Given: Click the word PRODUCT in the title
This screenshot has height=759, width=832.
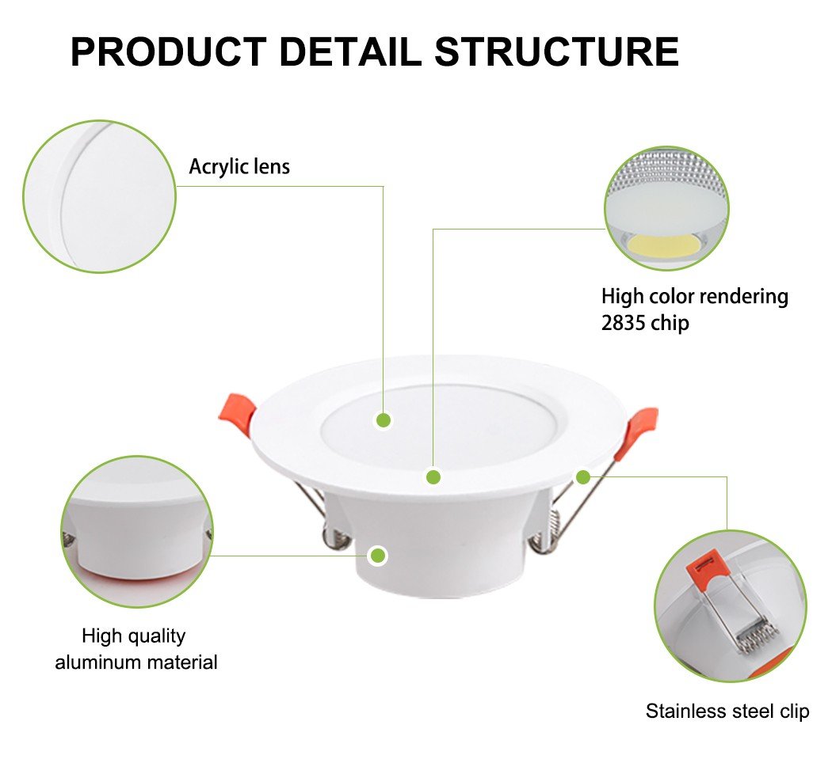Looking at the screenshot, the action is pos(169,51).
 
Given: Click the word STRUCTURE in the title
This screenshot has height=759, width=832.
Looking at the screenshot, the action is pos(556,51).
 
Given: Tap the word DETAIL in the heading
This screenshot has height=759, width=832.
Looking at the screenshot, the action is pos(350,51).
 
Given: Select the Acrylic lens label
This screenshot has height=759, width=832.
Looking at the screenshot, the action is pos(239,166).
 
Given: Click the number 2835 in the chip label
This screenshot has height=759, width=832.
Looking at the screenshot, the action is pos(623,322).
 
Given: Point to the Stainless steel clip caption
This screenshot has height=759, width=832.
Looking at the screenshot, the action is pos(727,711).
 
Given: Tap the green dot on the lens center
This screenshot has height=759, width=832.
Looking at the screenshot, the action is pos(384,420).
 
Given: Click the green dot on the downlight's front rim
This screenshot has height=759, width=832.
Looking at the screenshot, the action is pos(433,477).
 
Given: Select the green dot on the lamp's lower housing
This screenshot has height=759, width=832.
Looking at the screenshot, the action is pos(378,556).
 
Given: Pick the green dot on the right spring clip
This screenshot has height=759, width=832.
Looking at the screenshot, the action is pos(583,477).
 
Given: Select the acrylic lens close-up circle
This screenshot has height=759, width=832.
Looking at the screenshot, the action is pos(99,196).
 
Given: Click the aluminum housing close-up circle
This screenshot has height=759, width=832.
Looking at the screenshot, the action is pos(137,532).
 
